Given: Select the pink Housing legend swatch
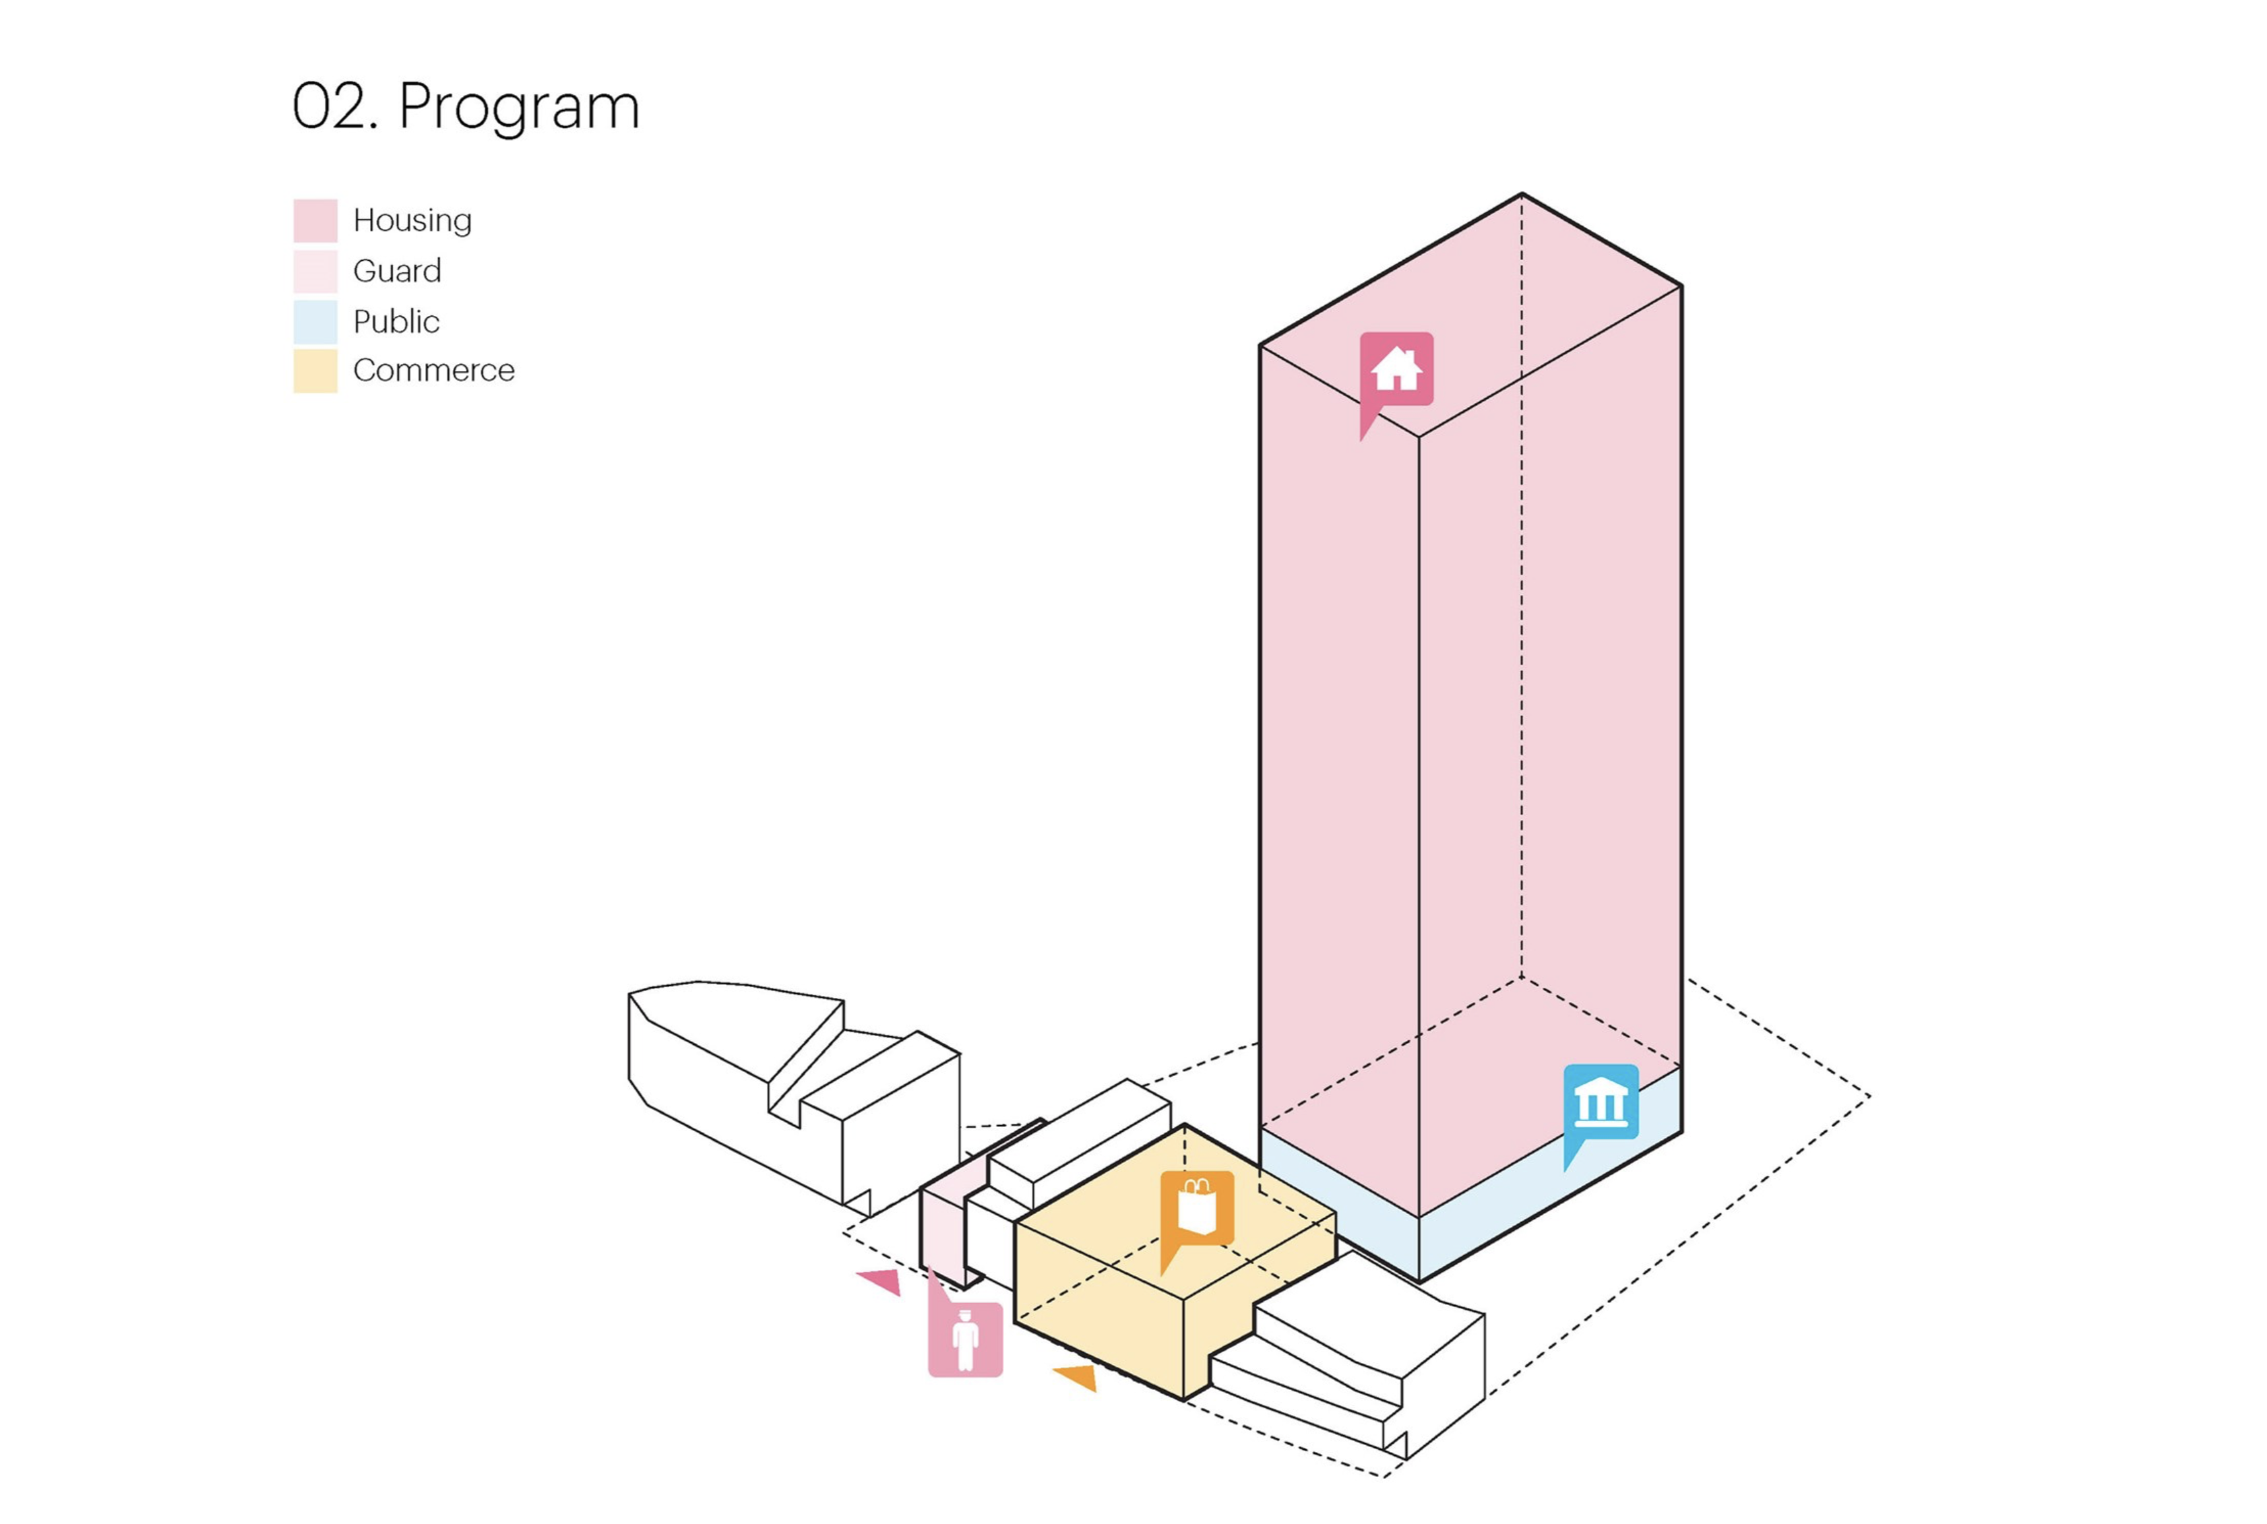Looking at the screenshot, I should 315,220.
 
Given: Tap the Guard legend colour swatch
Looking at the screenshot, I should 315,271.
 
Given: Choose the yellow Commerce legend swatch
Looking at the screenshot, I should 315,371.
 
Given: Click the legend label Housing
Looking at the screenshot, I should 412,220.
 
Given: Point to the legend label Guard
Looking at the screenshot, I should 397,271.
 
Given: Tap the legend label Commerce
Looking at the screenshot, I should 433,371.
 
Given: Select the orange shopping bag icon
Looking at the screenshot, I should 1197,1208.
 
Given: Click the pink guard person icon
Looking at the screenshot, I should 965,1339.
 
